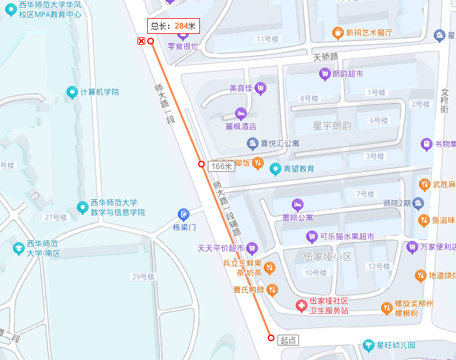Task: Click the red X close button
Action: click(141, 42)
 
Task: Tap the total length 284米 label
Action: click(173, 26)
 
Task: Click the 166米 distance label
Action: click(221, 167)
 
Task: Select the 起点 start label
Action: click(288, 340)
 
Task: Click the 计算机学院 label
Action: click(99, 92)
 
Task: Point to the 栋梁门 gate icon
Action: click(184, 214)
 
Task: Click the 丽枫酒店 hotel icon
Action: click(242, 113)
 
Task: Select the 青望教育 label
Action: click(298, 169)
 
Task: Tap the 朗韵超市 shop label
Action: click(348, 74)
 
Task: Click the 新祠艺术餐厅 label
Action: click(369, 33)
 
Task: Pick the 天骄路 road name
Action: click(326, 57)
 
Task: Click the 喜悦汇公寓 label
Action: click(280, 143)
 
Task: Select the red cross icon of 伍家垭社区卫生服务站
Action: click(301, 305)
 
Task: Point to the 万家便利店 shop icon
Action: click(412, 247)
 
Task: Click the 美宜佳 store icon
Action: click(261, 88)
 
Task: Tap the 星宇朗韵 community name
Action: click(332, 126)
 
